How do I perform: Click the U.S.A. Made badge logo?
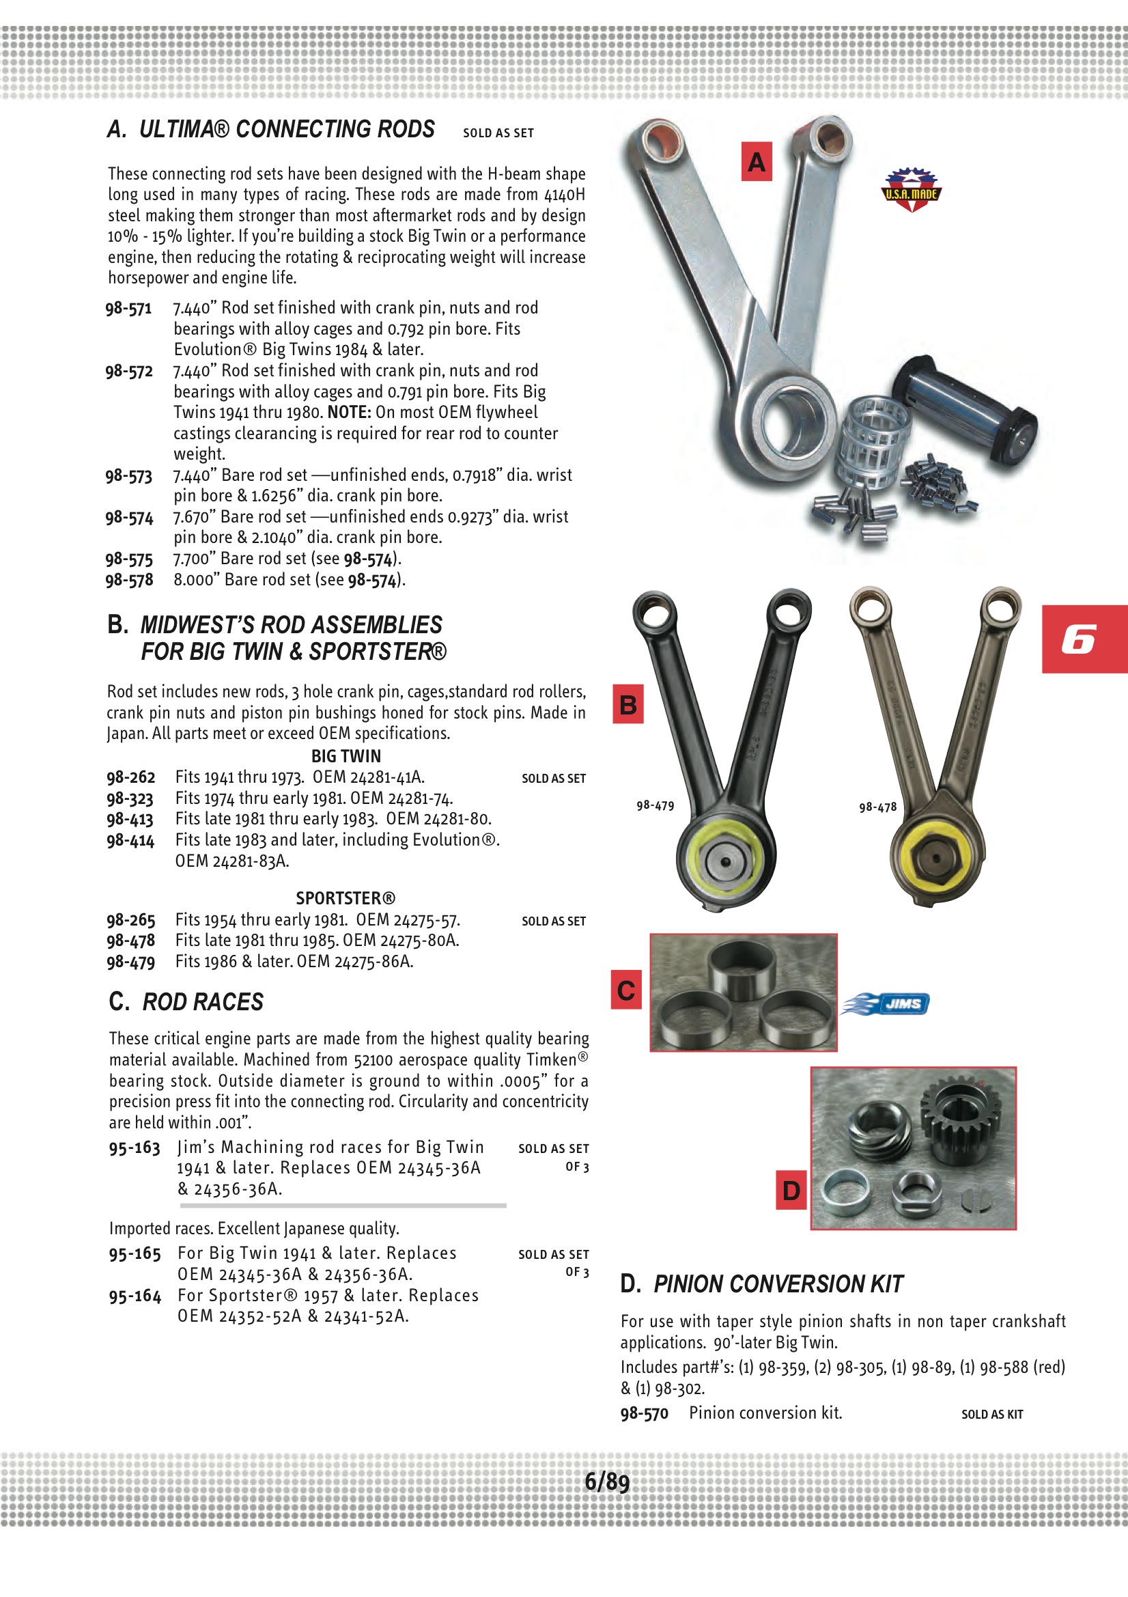click(911, 190)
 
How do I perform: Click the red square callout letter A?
click(757, 162)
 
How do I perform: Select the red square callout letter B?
click(628, 705)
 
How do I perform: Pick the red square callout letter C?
click(626, 990)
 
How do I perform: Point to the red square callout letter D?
click(791, 1190)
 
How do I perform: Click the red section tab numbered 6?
click(1083, 639)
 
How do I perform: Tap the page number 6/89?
click(606, 1481)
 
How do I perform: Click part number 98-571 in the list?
click(128, 308)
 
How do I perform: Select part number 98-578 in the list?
click(129, 579)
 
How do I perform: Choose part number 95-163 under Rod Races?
click(135, 1148)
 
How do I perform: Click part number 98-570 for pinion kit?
click(644, 1413)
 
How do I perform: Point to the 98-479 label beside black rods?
click(655, 805)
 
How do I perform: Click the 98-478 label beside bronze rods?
click(877, 807)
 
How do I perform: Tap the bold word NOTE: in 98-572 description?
click(349, 413)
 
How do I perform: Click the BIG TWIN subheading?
click(346, 756)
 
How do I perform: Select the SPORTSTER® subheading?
click(346, 898)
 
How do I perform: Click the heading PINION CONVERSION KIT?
click(778, 1284)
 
